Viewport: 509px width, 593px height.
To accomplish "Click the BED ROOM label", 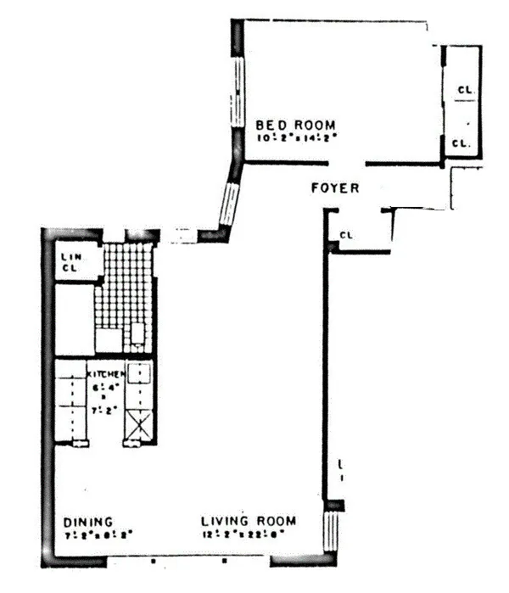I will pyautogui.click(x=296, y=126).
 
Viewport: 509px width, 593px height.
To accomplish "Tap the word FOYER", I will pyautogui.click(x=333, y=188).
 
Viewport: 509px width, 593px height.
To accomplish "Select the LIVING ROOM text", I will pyautogui.click(x=249, y=521).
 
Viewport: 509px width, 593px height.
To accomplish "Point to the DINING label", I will pyautogui.click(x=89, y=522).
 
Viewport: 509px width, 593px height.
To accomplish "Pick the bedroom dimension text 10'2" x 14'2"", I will pyautogui.click(x=296, y=137).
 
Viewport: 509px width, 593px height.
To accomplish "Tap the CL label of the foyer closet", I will pyautogui.click(x=346, y=235).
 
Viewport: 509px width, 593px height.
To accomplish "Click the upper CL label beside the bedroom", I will pyautogui.click(x=464, y=87).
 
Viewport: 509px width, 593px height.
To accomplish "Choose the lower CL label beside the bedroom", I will pyautogui.click(x=461, y=143).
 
